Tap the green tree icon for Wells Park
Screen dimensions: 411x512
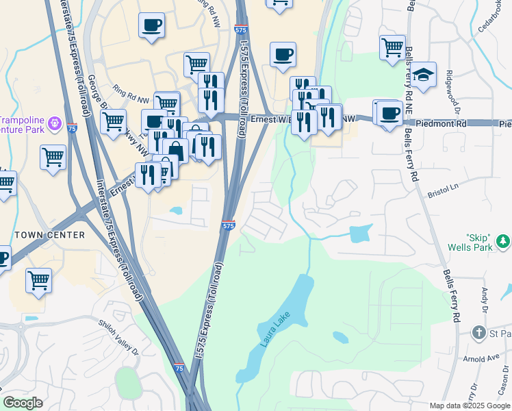(504, 241)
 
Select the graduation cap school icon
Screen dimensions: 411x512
(424, 75)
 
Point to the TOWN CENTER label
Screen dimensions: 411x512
(50, 235)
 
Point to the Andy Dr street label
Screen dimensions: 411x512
(484, 300)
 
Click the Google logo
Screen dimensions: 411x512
(23, 403)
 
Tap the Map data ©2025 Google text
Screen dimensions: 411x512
(470, 406)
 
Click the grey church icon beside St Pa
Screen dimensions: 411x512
(479, 333)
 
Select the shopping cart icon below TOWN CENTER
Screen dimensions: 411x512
(39, 279)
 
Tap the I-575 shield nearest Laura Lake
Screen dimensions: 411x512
(229, 225)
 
